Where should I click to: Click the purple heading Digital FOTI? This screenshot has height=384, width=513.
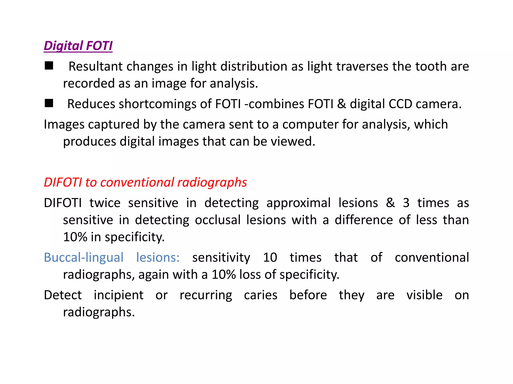click(78, 46)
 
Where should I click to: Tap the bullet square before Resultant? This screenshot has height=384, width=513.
click(49, 66)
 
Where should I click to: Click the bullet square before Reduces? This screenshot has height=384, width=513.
click(49, 103)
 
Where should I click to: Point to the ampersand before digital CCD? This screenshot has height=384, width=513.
click(341, 104)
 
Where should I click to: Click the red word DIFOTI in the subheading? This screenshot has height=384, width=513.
click(63, 182)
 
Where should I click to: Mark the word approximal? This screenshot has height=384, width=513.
click(298, 203)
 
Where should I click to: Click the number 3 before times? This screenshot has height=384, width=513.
click(406, 203)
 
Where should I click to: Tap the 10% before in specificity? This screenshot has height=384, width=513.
click(75, 237)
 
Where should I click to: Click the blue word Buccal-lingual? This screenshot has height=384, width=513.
click(84, 257)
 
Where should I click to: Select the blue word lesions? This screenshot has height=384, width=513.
click(158, 257)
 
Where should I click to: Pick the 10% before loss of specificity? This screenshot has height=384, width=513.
click(224, 274)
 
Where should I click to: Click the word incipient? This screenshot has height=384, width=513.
click(118, 295)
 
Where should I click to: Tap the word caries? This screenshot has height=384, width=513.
click(261, 295)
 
